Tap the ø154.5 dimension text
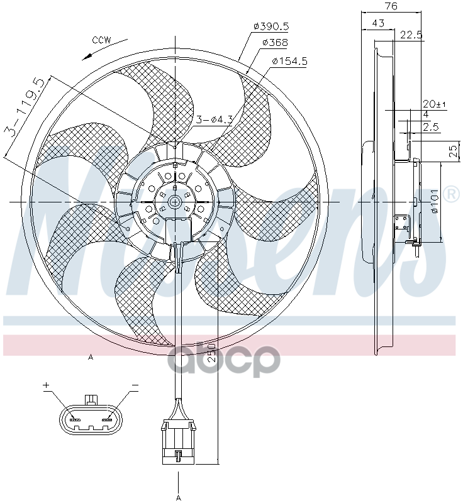(289, 61)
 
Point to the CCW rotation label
(102, 40)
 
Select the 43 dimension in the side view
(379, 23)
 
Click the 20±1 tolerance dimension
(434, 103)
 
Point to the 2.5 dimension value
(430, 127)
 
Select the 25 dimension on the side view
(452, 151)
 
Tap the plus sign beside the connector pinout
(46, 384)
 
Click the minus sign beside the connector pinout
(135, 384)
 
